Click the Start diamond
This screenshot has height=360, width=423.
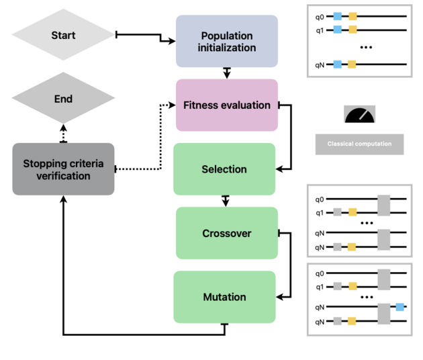64,35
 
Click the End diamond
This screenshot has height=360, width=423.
64,99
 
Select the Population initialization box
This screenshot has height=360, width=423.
226,42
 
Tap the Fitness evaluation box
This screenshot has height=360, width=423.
226,105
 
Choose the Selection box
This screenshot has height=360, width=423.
224,169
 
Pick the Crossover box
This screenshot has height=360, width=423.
226,233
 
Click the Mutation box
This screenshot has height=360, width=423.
224,297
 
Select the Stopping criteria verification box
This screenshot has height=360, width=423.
64,169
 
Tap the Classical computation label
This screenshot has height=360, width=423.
359,144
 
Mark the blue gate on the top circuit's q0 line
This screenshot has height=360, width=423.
337,15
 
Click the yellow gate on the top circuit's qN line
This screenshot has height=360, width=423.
352,64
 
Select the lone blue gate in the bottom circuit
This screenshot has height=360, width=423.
399,307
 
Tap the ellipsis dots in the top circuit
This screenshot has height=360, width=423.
366,48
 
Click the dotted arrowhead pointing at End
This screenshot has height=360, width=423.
64,127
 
